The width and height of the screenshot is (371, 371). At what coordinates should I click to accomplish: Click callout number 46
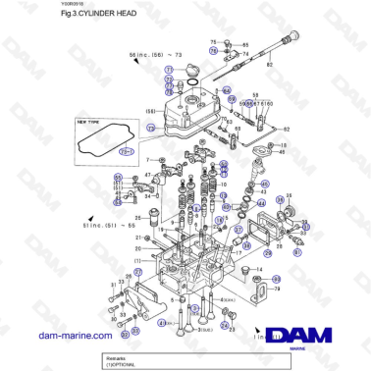point(282,153)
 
